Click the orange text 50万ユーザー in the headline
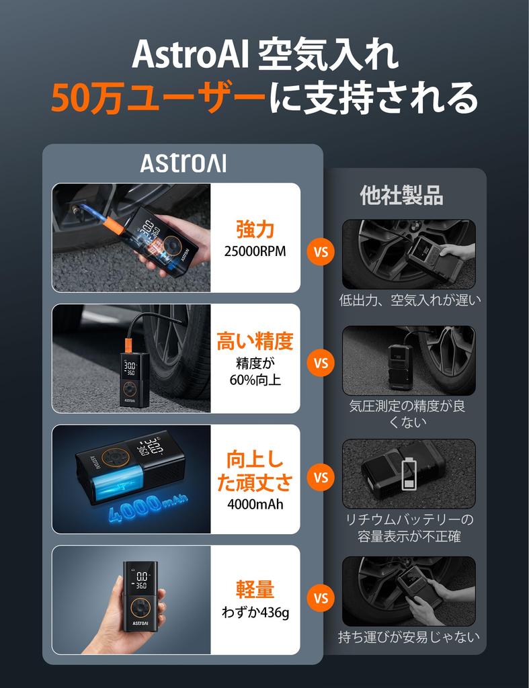coord(158,97)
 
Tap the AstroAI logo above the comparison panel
coord(184,163)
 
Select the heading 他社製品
coord(402,196)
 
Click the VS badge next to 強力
coord(321,252)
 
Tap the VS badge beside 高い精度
coord(321,363)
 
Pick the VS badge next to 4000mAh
coord(321,477)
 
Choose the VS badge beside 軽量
coord(321,598)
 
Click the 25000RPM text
coord(255,251)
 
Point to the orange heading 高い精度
coord(255,341)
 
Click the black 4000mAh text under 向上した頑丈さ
coord(255,504)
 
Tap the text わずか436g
coord(255,612)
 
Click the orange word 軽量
coord(255,589)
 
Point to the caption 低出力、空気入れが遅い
coord(410,300)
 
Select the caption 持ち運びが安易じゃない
coord(409,637)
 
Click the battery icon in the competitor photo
coord(409,474)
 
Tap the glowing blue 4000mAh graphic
coord(147,507)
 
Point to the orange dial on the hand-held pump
coord(140,607)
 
